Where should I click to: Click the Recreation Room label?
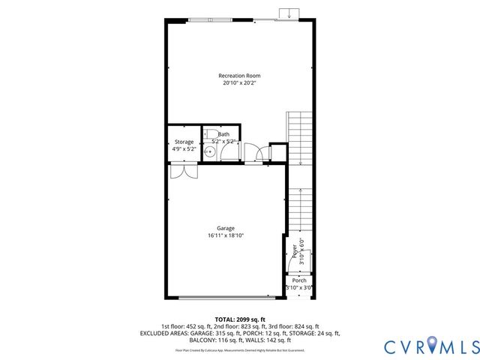click(240, 76)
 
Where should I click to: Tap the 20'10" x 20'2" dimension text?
click(240, 83)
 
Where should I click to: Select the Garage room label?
click(226, 228)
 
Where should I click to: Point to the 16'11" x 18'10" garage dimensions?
click(226, 235)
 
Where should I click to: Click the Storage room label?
click(184, 142)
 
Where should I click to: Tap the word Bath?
click(223, 134)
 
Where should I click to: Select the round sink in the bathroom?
click(210, 151)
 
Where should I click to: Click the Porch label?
click(299, 280)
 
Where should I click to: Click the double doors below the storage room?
click(183, 170)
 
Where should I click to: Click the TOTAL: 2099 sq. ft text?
click(240, 319)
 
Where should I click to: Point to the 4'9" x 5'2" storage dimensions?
click(184, 149)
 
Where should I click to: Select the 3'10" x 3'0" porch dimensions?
click(299, 287)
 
